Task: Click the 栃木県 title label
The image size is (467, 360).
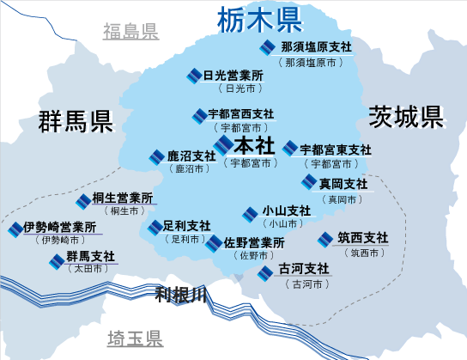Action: coord(259,21)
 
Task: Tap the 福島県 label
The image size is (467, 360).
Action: coord(130,31)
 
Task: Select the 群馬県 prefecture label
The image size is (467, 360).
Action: coord(76,121)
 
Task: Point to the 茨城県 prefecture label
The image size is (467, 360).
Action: coord(406,117)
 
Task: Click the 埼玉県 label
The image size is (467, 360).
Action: coord(135,339)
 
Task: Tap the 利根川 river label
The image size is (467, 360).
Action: coord(181,295)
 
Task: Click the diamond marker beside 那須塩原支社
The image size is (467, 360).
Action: coord(268,47)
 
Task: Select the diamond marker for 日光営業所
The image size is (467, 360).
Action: coord(195,76)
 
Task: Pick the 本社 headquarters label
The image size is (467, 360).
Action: coord(254,146)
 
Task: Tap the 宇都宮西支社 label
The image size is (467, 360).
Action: coord(241,113)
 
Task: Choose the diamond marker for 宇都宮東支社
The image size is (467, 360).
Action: coord(290,149)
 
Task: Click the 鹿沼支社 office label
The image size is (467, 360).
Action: coord(191,156)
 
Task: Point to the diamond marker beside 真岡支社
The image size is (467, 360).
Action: coord(309,182)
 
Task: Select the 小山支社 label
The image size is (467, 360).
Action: coord(287,211)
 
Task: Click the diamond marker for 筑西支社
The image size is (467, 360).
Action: coord(325,240)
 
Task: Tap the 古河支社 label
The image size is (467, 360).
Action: coord(304,269)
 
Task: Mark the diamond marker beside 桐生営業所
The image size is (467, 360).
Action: coord(83,201)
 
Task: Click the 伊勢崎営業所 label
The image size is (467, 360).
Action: coord(60,228)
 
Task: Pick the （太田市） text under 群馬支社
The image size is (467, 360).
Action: coord(88,269)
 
